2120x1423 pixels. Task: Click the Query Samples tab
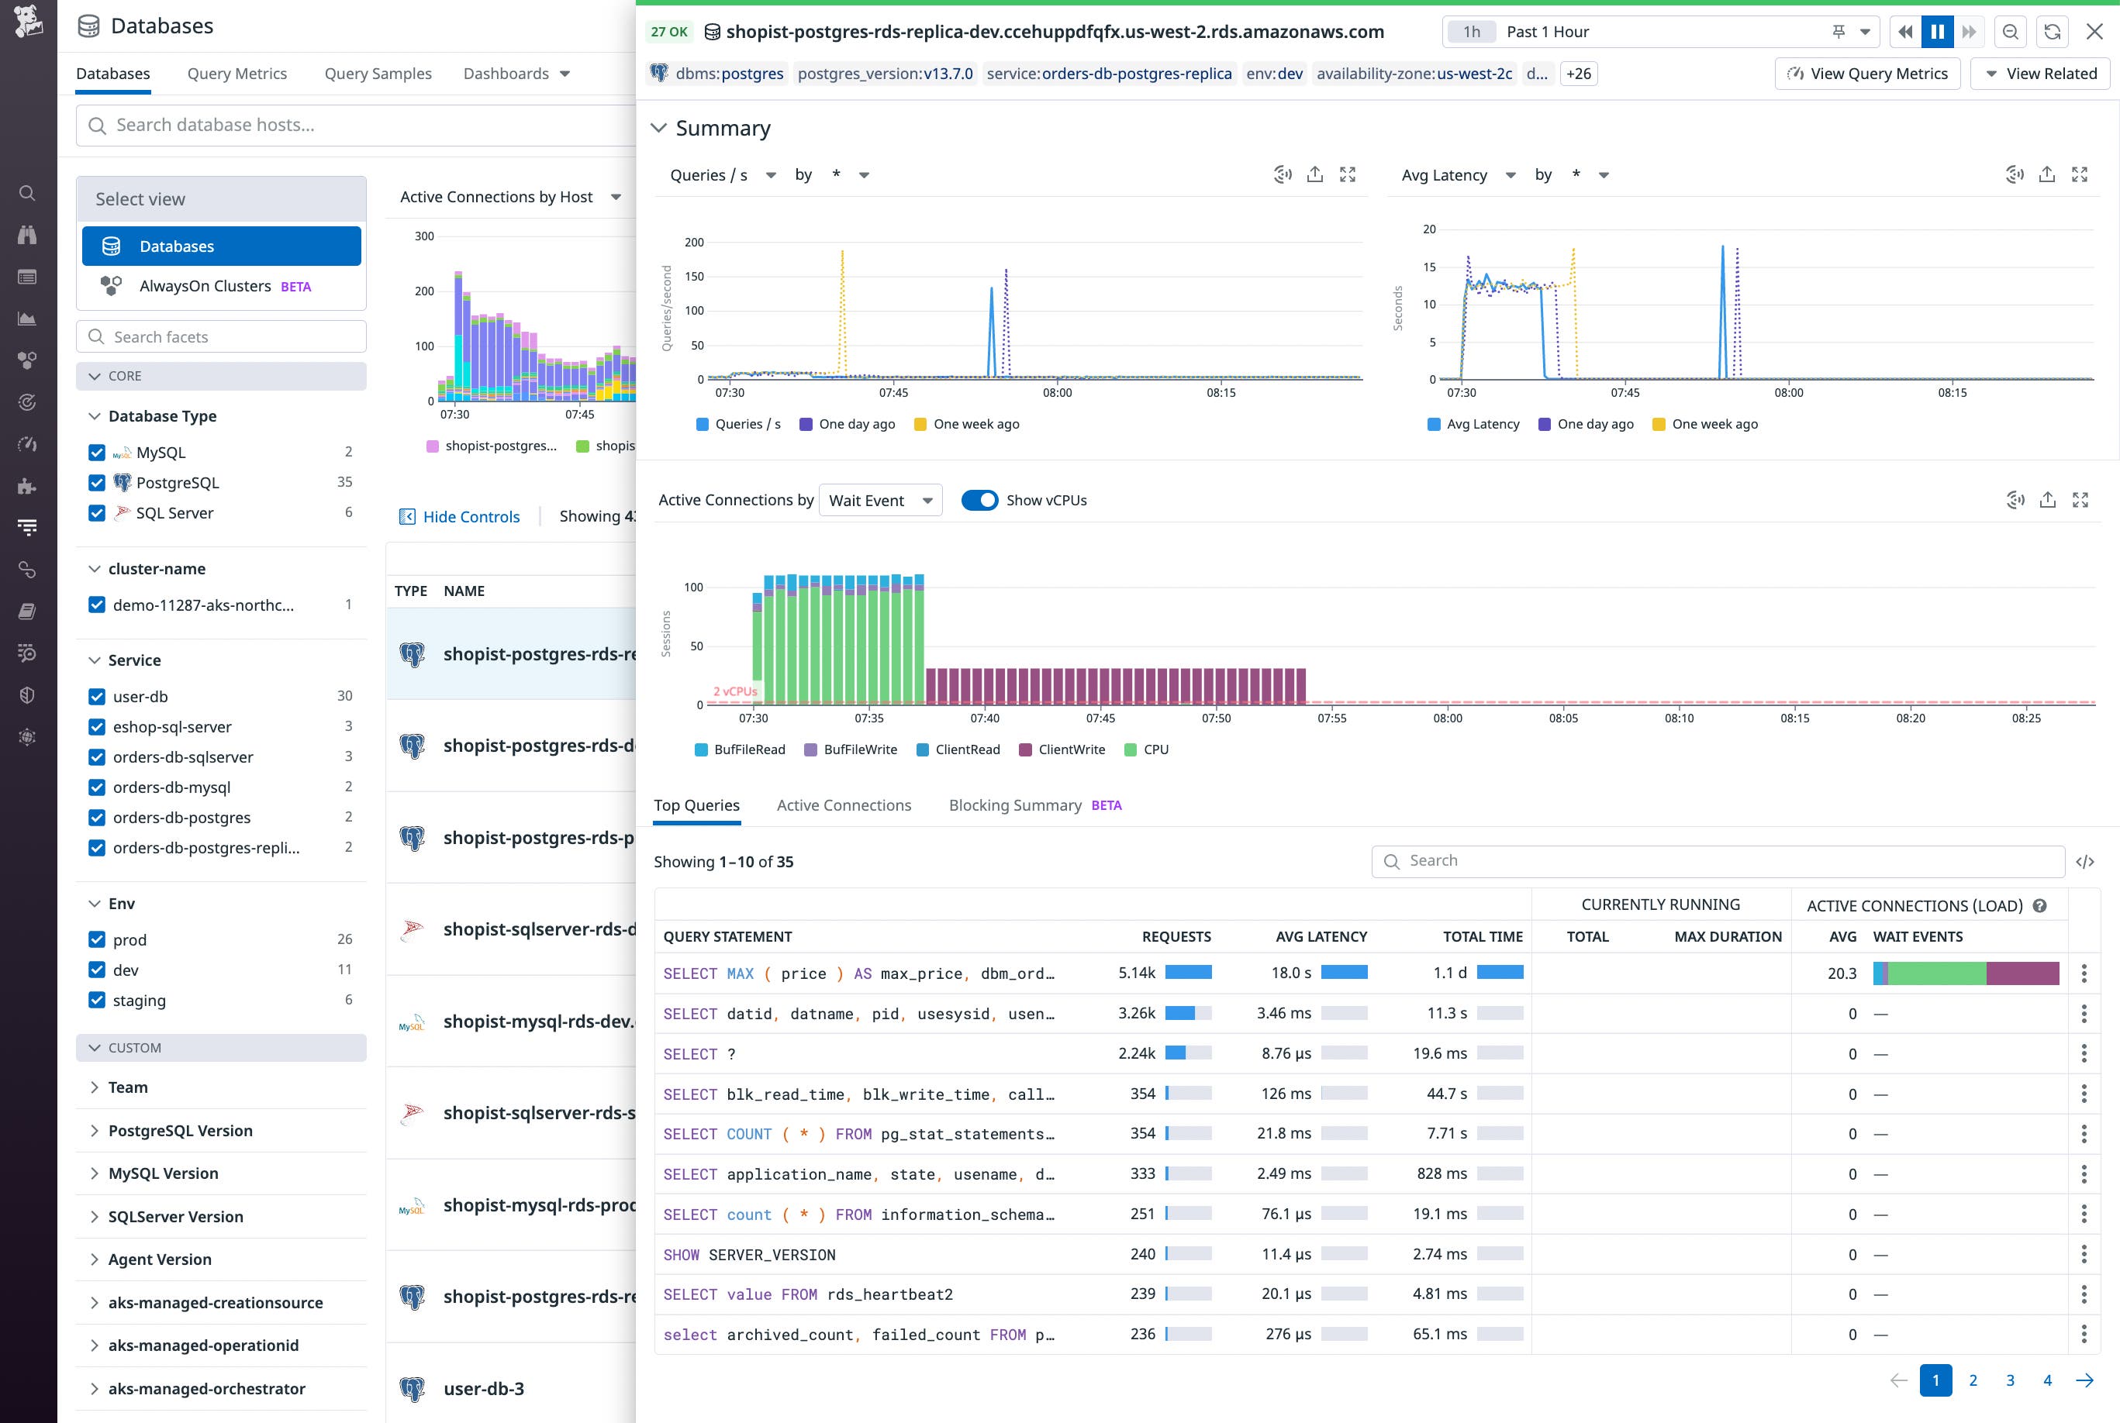click(x=378, y=74)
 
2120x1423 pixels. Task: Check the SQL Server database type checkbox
click(x=97, y=513)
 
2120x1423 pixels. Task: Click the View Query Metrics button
click(x=1866, y=74)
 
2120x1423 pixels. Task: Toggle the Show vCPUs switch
click(x=979, y=500)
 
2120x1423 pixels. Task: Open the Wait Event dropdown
click(x=880, y=500)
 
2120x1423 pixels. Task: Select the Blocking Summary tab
click(x=1014, y=805)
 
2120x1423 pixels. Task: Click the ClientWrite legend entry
click(x=1070, y=749)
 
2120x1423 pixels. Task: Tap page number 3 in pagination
click(x=2009, y=1380)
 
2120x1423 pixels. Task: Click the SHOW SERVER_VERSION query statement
click(x=749, y=1254)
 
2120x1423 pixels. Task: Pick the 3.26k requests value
click(x=1136, y=1013)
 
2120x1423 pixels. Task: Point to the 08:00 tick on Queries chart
click(x=1057, y=392)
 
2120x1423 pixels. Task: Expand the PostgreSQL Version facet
click(x=180, y=1131)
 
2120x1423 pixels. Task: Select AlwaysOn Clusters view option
click(x=205, y=286)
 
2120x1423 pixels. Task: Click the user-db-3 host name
click(x=483, y=1389)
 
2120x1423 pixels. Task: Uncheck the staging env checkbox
click(x=97, y=1000)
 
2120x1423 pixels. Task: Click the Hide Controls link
click(x=471, y=516)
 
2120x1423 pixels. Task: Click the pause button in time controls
click(x=1936, y=32)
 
